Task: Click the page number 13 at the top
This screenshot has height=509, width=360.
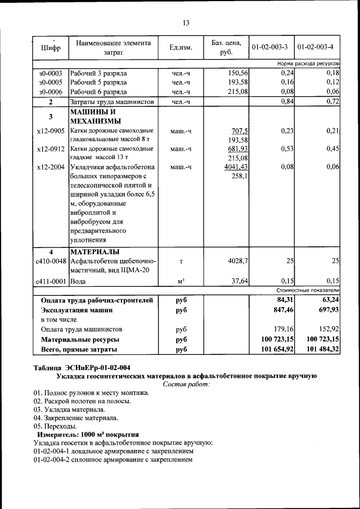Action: pos(186,23)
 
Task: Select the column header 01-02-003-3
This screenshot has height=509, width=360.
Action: pos(271,47)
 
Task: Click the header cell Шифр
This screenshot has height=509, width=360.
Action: pos(51,48)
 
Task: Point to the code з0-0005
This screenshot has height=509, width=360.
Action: pos(51,83)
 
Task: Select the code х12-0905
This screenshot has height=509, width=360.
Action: pos(51,130)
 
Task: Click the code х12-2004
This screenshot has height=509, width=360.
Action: pos(51,167)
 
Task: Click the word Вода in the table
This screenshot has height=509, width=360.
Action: pos(78,281)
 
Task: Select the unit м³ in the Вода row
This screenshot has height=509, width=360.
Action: pos(181,281)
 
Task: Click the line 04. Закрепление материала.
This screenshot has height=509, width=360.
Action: pos(75,418)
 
